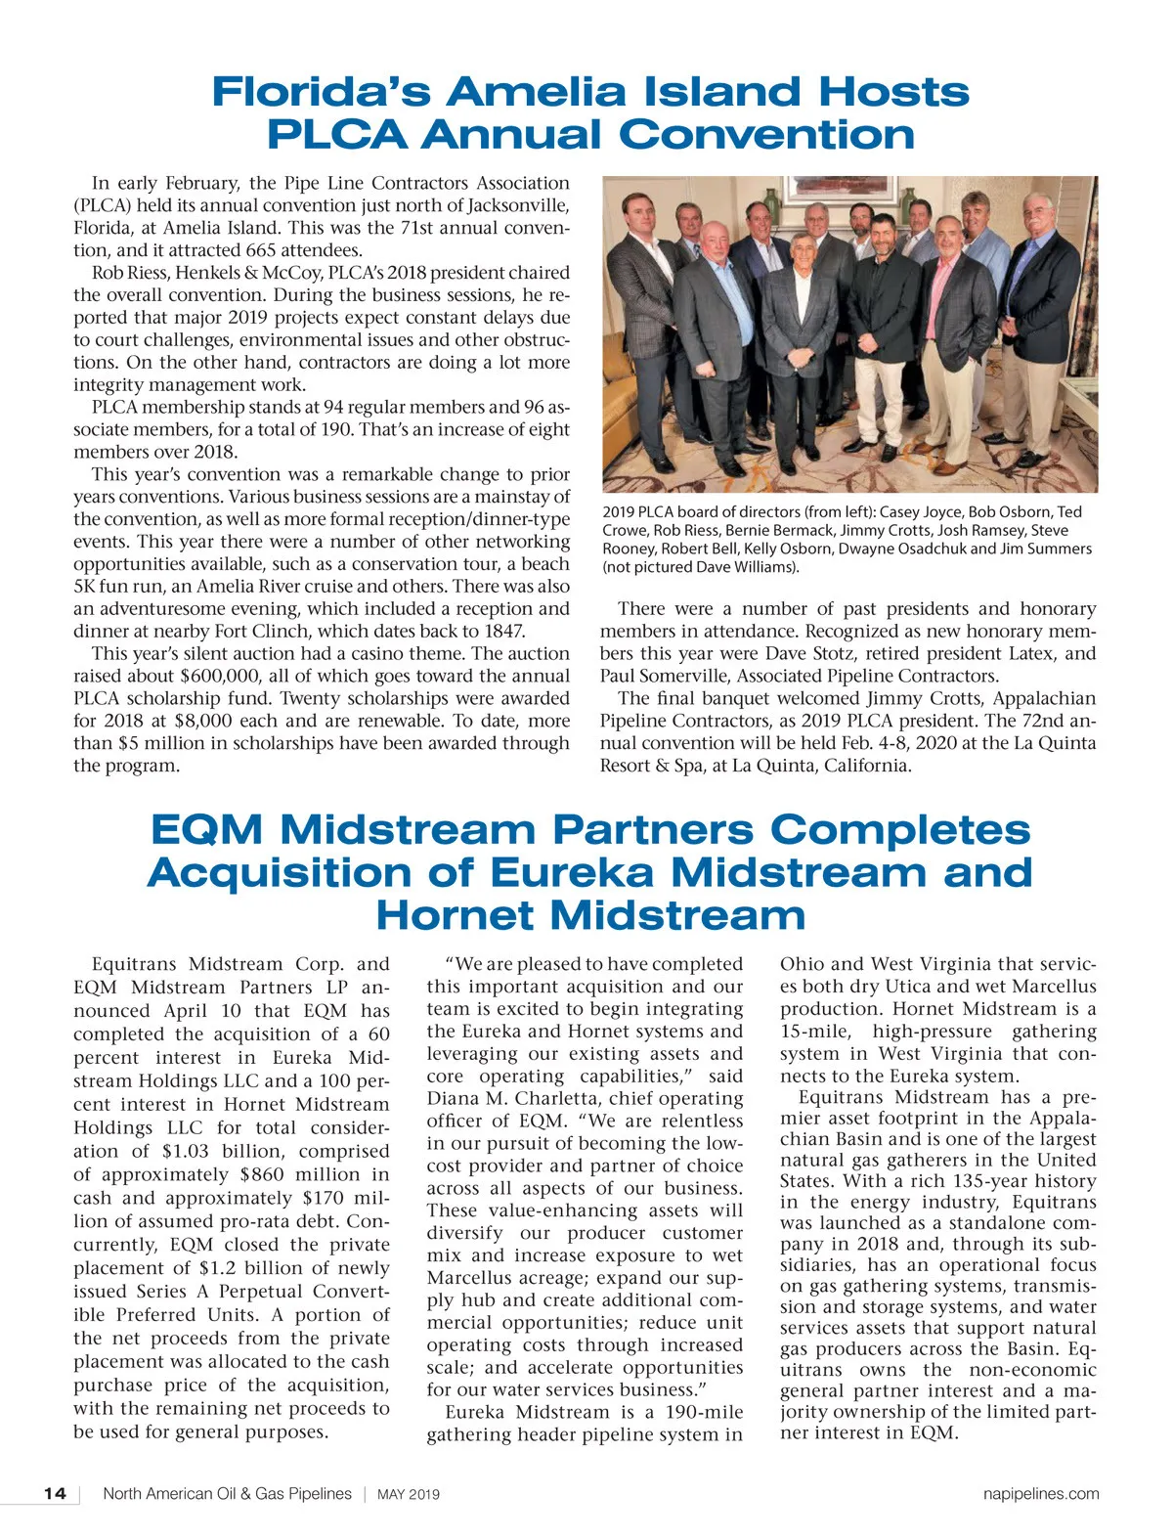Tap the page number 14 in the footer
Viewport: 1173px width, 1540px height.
pyautogui.click(x=55, y=1494)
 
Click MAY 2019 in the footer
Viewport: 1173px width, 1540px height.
pyautogui.click(x=409, y=1495)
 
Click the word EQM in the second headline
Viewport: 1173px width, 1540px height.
pyautogui.click(x=206, y=830)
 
